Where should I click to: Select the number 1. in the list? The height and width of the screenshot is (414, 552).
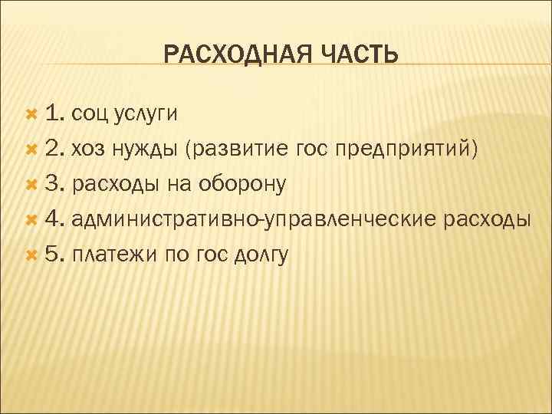click(x=54, y=114)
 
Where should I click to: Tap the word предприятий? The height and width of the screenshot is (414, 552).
click(x=406, y=149)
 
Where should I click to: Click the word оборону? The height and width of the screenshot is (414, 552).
click(x=243, y=185)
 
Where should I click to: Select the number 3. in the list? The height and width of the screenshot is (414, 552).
click(x=54, y=184)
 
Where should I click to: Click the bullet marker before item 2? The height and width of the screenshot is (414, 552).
click(x=31, y=149)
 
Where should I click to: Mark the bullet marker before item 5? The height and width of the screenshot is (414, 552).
click(x=31, y=255)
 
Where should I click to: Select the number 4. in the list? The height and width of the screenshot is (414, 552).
click(x=54, y=219)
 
